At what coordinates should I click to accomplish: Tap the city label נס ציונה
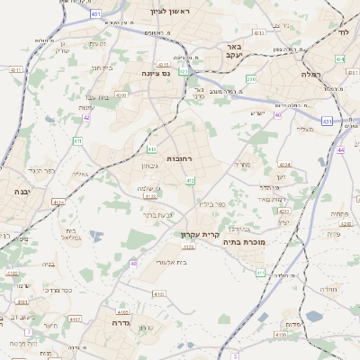(157, 74)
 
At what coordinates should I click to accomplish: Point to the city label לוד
(343, 31)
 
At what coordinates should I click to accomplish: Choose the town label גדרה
(122, 321)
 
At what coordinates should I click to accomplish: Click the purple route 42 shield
(86, 117)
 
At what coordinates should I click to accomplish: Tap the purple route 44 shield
(341, 150)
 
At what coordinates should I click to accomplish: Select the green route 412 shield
(190, 181)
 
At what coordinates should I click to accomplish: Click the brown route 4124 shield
(59, 202)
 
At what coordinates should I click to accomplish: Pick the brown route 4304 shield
(285, 165)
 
